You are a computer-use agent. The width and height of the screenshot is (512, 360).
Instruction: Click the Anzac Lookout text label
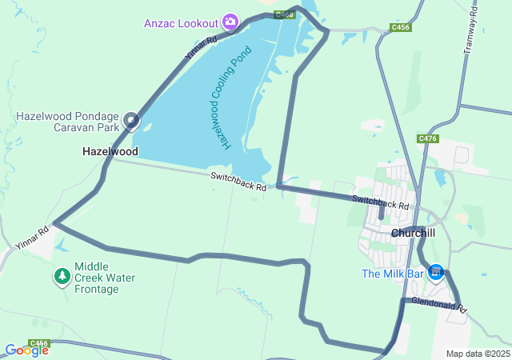pyautogui.click(x=181, y=22)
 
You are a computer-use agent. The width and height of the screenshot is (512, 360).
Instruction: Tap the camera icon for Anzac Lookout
pyautogui.click(x=230, y=21)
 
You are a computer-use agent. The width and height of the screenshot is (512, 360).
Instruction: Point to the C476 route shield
pyautogui.click(x=428, y=138)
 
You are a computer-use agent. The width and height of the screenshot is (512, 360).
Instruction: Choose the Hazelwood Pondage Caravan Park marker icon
pyautogui.click(x=131, y=122)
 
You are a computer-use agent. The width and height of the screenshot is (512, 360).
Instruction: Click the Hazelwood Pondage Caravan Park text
pyautogui.click(x=67, y=122)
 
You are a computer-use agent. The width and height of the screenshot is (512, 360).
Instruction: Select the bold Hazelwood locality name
pyautogui.click(x=110, y=151)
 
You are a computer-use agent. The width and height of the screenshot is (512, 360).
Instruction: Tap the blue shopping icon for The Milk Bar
pyautogui.click(x=436, y=274)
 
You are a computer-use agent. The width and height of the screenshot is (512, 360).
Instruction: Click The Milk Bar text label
pyautogui.click(x=391, y=274)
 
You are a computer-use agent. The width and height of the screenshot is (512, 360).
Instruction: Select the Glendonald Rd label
pyautogui.click(x=439, y=304)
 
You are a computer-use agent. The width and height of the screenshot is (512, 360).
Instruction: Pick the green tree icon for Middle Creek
pyautogui.click(x=62, y=277)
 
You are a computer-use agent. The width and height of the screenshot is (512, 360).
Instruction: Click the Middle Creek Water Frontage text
pyautogui.click(x=105, y=278)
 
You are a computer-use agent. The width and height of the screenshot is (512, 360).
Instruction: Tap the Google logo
pyautogui.click(x=26, y=350)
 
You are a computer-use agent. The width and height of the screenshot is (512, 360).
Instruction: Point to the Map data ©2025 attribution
pyautogui.click(x=477, y=354)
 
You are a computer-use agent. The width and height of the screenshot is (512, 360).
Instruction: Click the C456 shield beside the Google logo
pyautogui.click(x=38, y=343)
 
